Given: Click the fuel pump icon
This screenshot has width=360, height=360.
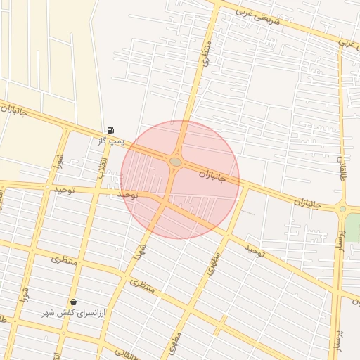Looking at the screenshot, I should point(110,130).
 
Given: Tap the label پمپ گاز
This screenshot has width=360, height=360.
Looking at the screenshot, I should point(110,141).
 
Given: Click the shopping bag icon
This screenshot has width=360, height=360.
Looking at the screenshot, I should point(74,302).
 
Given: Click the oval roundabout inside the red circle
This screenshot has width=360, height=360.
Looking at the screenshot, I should point(176,162).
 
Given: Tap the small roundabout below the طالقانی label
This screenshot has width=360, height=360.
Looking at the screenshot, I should point(342,208).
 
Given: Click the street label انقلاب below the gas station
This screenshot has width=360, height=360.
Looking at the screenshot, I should point(102,166).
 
